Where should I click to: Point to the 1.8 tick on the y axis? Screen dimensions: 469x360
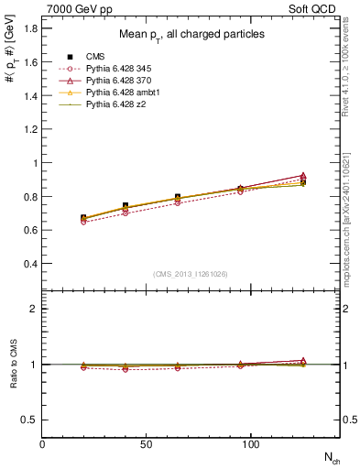[28, 28]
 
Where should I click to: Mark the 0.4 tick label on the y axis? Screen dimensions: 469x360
[28, 264]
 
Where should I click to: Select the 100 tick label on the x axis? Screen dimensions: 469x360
[250, 444]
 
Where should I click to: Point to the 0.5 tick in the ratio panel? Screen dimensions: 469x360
[28, 420]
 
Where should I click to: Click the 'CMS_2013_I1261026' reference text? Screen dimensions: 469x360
[190, 274]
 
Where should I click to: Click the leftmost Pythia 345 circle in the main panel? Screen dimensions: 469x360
[83, 222]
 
